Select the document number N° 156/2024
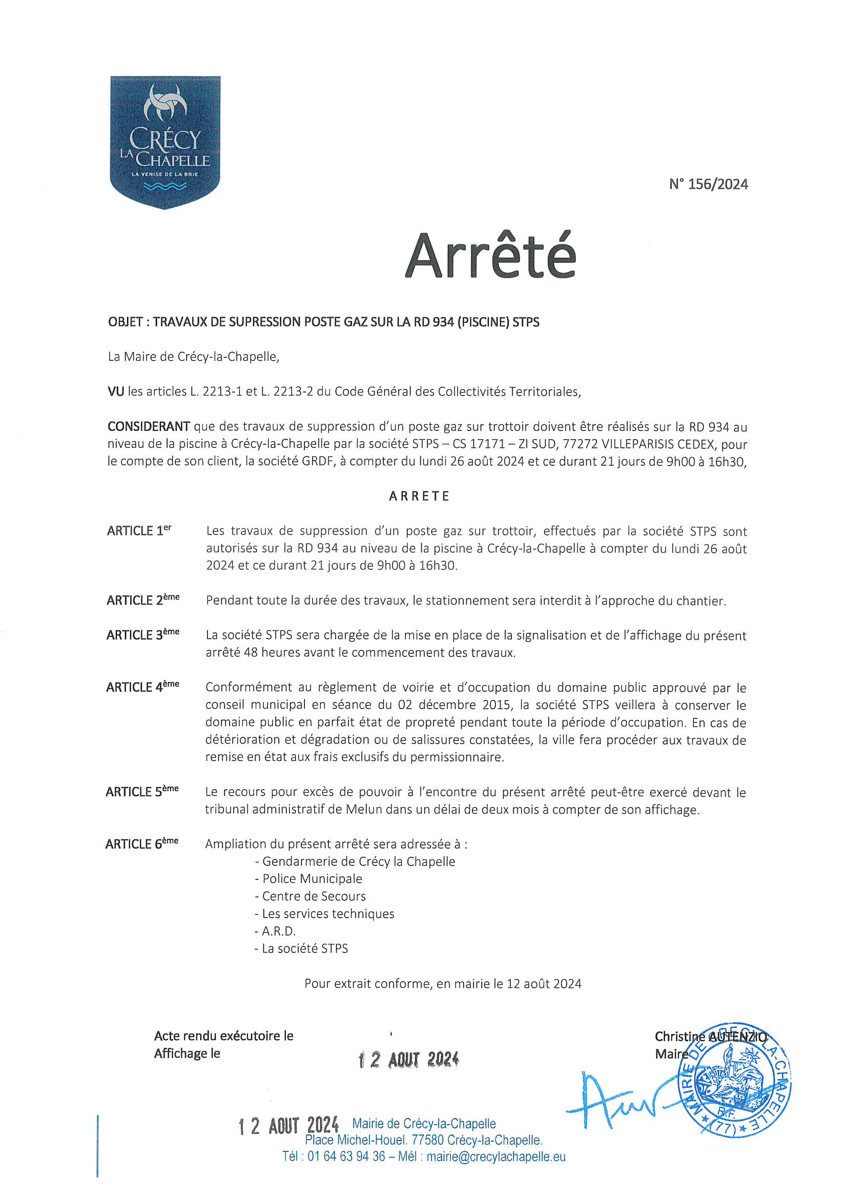pos(708,184)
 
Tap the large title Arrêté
pos(490,256)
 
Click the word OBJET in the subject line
pos(125,322)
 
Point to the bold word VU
pos(116,391)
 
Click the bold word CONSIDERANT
pos(149,426)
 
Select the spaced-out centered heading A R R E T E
pos(419,495)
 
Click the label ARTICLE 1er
pos(139,531)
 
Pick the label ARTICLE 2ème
pos(143,600)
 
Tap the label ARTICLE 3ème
pos(143,635)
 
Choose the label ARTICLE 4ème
pos(142,687)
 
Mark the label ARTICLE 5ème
pos(142,792)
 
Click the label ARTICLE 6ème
pos(142,844)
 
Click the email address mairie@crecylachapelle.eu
pos(496,1156)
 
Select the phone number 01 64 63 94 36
pos(346,1156)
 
